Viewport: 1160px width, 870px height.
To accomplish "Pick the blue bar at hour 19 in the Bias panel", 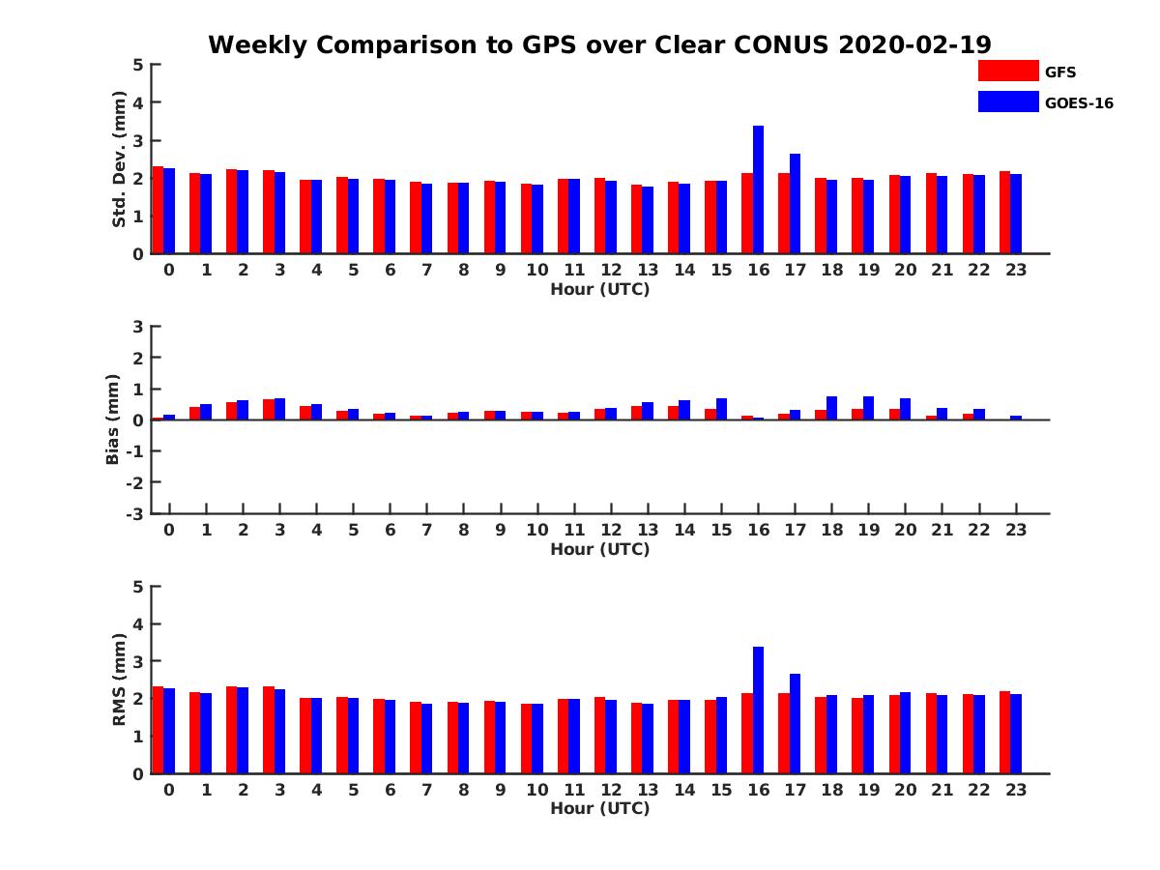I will tap(869, 408).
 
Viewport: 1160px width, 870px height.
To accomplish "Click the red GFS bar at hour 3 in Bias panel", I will tap(269, 410).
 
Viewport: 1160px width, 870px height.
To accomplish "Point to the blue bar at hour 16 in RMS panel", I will tap(759, 710).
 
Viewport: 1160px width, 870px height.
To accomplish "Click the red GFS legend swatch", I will tap(1007, 71).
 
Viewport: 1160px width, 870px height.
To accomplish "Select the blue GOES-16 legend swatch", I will tap(1007, 101).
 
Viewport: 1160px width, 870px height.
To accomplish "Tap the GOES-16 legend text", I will tap(1079, 103).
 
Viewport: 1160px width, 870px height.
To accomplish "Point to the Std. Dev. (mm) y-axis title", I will tap(120, 159).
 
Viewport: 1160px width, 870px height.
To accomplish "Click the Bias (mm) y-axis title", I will tap(113, 420).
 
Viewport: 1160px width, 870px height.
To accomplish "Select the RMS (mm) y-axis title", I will tap(120, 680).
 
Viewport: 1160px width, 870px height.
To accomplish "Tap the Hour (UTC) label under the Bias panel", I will tap(599, 549).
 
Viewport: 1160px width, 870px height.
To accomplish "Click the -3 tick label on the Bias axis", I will tap(134, 513).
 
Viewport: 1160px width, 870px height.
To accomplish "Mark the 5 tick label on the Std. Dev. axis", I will tap(139, 65).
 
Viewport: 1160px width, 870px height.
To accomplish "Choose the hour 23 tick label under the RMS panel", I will tap(1016, 789).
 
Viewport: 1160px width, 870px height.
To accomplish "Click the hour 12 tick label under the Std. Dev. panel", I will tap(611, 270).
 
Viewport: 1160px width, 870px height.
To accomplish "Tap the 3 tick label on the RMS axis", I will tap(139, 661).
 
